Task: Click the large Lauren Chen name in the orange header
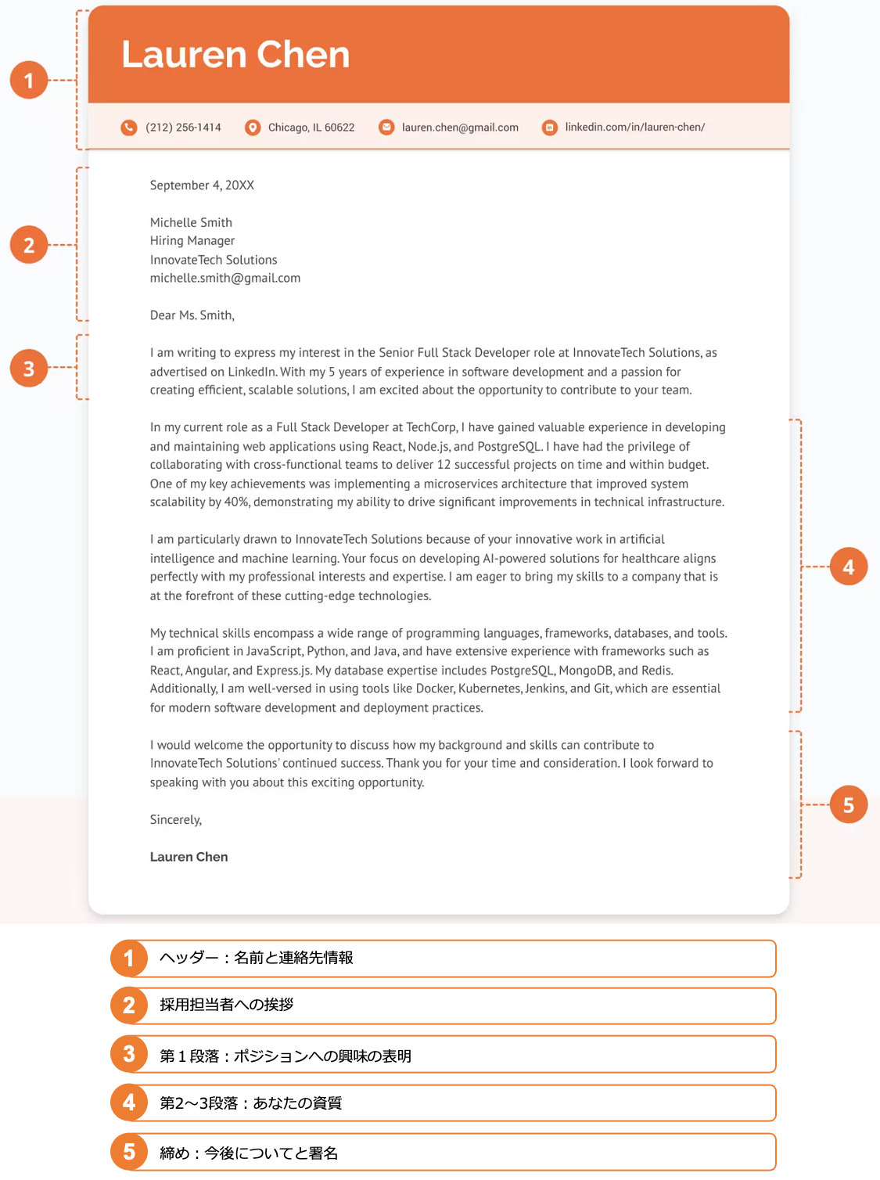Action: pyautogui.click(x=235, y=55)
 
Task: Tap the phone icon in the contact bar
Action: pyautogui.click(x=129, y=128)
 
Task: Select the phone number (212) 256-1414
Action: pyautogui.click(x=183, y=128)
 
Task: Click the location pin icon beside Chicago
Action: pyautogui.click(x=253, y=128)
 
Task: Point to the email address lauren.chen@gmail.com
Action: pyautogui.click(x=460, y=128)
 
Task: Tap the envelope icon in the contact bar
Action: pyautogui.click(x=386, y=128)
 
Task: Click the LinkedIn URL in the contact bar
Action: pyautogui.click(x=634, y=128)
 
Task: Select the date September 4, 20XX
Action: pyautogui.click(x=202, y=185)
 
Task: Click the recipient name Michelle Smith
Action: pyautogui.click(x=191, y=222)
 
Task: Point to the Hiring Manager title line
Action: pyautogui.click(x=192, y=241)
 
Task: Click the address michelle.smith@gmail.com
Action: pyautogui.click(x=225, y=278)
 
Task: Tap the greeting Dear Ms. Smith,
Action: pyautogui.click(x=192, y=315)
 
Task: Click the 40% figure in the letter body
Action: pyautogui.click(x=236, y=502)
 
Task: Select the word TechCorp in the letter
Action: pyautogui.click(x=431, y=427)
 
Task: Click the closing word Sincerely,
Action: pyautogui.click(x=176, y=819)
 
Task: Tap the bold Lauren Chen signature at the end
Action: pyautogui.click(x=189, y=857)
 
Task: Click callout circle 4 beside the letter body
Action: pyautogui.click(x=849, y=567)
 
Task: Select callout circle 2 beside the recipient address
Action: pyautogui.click(x=29, y=245)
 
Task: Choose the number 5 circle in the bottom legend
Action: pyautogui.click(x=129, y=1151)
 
